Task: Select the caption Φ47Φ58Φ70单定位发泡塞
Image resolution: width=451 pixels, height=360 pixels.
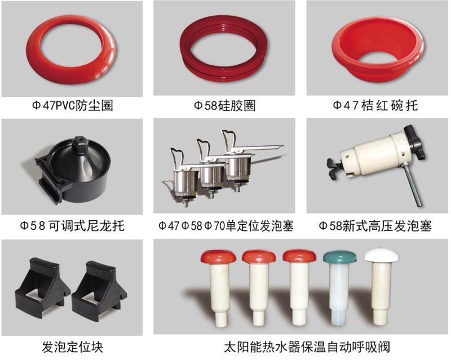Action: click(227, 226)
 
